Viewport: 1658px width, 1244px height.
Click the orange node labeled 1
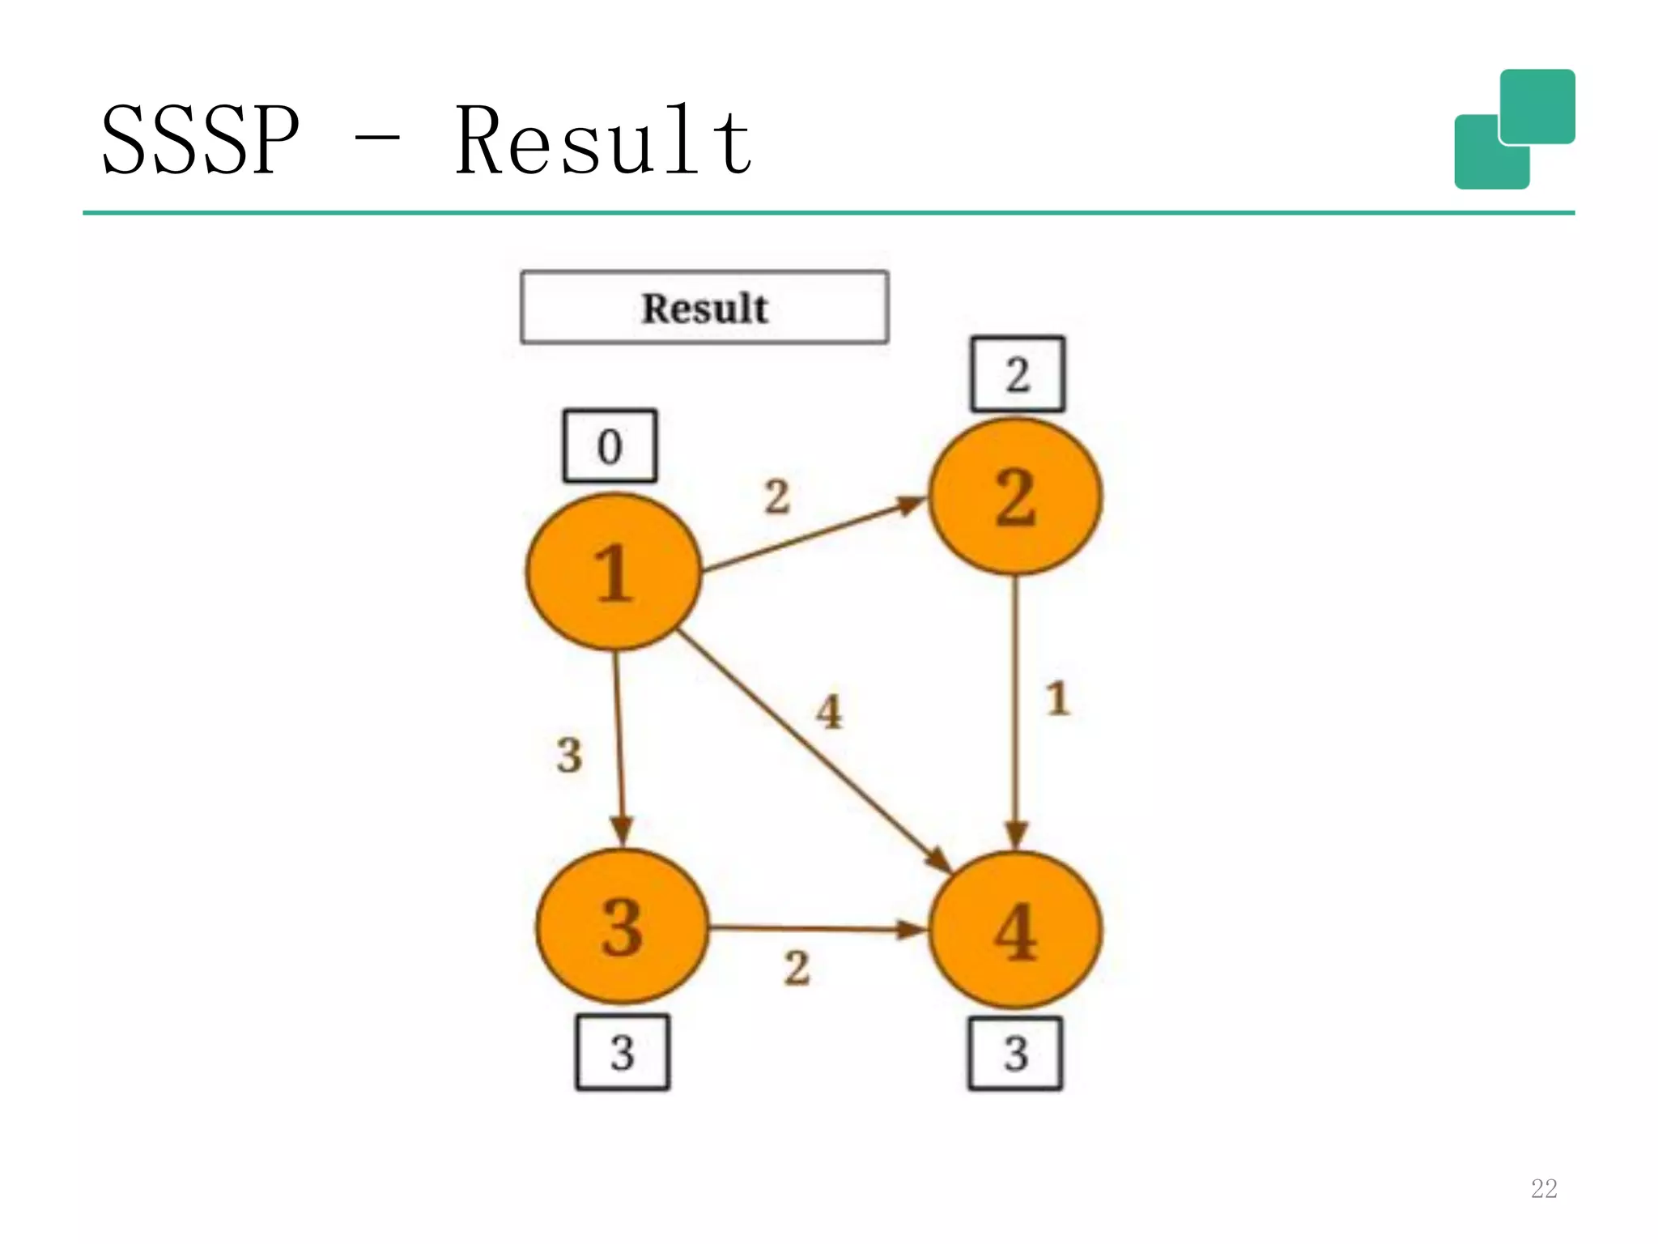pos(613,572)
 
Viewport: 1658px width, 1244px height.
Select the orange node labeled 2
pos(1015,496)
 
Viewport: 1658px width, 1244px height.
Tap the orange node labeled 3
pos(622,927)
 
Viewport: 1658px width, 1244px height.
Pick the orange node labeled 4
pos(1015,931)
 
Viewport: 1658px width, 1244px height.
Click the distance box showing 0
pos(610,446)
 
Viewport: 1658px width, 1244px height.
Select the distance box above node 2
pos(1018,374)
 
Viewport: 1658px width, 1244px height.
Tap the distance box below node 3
pos(622,1052)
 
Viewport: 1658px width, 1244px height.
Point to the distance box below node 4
pos(1015,1053)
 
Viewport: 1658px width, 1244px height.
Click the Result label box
pos(704,308)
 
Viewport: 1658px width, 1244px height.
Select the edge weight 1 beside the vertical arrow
pos(1057,698)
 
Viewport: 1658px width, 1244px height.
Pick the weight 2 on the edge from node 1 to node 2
pos(777,496)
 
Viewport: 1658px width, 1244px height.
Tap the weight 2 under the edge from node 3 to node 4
pos(797,968)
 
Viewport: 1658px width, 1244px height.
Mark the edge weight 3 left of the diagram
pos(569,755)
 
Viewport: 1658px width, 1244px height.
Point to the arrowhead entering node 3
pos(621,831)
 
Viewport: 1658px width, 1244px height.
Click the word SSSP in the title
pos(200,141)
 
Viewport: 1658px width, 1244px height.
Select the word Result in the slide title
pos(603,141)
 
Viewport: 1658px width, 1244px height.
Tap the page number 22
pos(1543,1188)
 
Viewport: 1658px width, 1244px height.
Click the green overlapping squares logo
pos(1514,130)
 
